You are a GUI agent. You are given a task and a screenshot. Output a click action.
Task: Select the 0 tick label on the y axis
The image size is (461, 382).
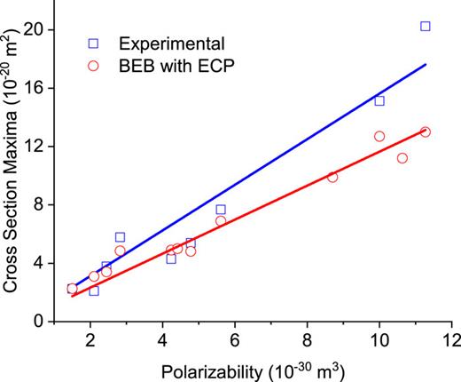pos(47,322)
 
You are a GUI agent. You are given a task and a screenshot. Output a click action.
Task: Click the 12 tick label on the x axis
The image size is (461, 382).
pos(452,341)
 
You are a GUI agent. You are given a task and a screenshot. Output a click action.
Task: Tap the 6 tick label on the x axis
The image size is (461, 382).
pos(234,341)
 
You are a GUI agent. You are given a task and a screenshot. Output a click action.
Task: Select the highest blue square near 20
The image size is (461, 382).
pos(426,27)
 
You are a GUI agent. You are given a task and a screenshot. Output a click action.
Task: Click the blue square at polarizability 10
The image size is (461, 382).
pos(379,101)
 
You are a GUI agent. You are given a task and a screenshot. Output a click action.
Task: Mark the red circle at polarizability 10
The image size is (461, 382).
pos(379,136)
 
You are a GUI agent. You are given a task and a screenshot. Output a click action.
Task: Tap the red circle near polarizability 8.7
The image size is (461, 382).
pos(332,177)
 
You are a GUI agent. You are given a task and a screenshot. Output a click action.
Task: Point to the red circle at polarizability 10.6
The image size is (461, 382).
pos(402,158)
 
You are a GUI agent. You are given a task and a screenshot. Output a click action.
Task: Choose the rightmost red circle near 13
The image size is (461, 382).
pos(426,131)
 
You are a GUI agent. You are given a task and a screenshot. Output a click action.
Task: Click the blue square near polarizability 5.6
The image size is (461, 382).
pos(221,210)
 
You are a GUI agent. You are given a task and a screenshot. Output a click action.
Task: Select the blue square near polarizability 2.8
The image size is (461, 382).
pos(120,237)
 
